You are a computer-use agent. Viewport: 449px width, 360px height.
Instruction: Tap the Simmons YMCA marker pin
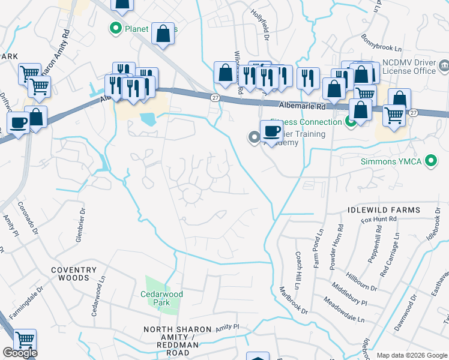click(430, 161)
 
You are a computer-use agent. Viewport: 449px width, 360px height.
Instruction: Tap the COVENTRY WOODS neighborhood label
click(74, 274)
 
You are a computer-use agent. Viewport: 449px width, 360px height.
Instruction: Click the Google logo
click(20, 353)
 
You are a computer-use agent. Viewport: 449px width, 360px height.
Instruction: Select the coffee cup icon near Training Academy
click(271, 131)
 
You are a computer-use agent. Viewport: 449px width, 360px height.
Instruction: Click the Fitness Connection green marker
click(351, 122)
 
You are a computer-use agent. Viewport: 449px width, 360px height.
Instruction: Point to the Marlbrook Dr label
click(294, 300)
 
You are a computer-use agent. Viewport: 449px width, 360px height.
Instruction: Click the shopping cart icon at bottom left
click(25, 340)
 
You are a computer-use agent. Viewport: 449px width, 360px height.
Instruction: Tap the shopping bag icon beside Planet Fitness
click(163, 33)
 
